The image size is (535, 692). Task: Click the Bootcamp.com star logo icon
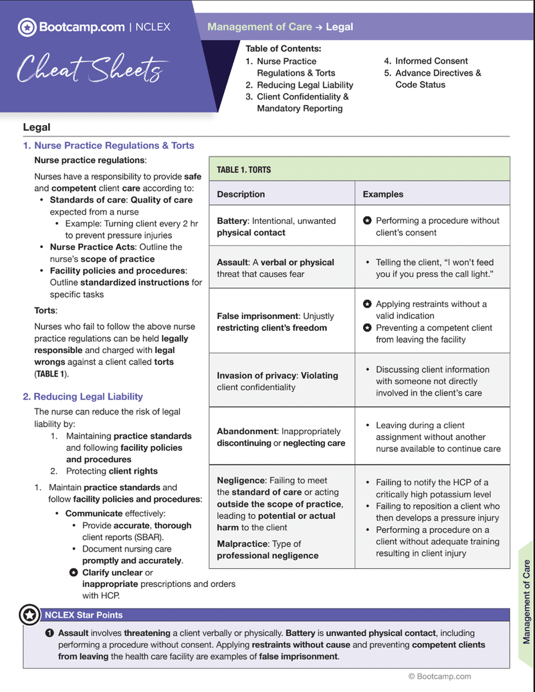coord(27,27)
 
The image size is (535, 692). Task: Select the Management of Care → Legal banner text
coord(280,27)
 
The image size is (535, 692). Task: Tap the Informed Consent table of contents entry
coord(431,61)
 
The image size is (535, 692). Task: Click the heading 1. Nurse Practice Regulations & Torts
coord(108,145)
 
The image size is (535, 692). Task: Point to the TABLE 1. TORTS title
coord(243,170)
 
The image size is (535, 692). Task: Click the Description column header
coord(241,195)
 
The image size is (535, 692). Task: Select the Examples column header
coord(383,195)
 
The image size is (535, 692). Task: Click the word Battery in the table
coord(231,221)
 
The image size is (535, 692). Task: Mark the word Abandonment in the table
coord(246,431)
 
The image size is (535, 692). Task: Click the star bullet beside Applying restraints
coord(367,304)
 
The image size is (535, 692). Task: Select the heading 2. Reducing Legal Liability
coord(83,396)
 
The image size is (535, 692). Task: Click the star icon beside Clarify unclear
coord(74,572)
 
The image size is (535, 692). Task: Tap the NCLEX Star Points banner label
coord(84,614)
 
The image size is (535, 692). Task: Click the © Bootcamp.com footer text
coord(439,677)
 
